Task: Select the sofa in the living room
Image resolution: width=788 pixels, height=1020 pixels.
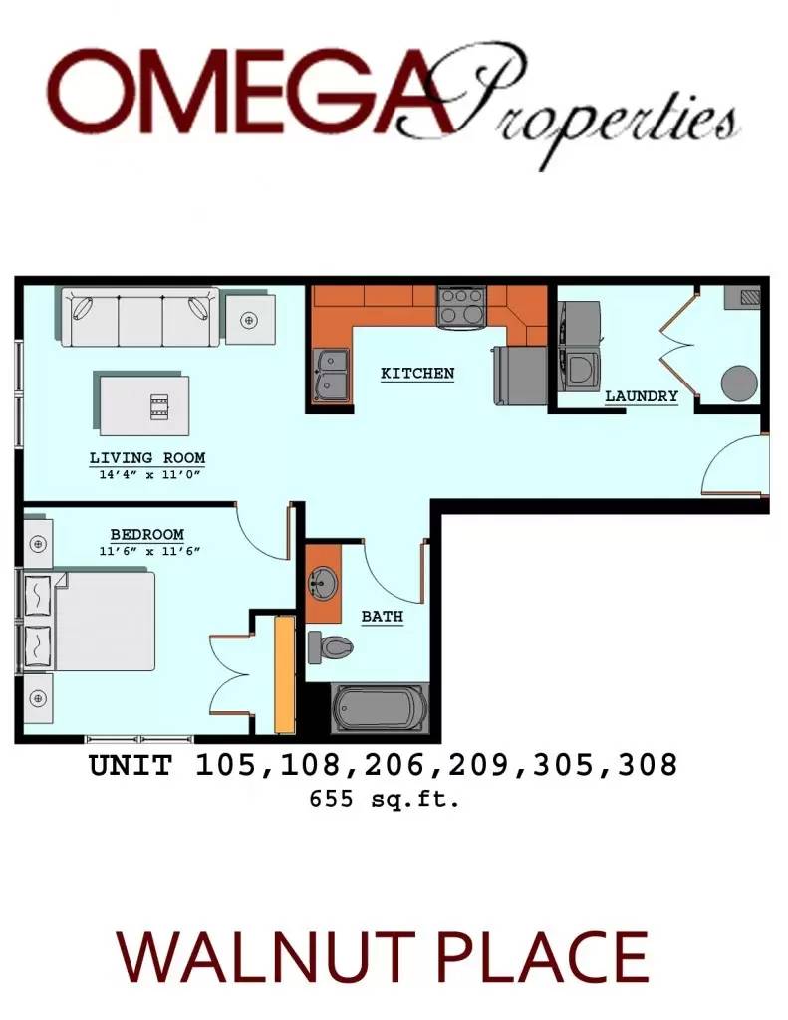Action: (x=139, y=317)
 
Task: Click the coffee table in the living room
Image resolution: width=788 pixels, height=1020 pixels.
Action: (x=144, y=403)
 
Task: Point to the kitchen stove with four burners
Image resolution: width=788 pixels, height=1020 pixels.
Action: (x=461, y=306)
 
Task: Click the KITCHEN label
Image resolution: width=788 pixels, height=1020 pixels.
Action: (x=417, y=374)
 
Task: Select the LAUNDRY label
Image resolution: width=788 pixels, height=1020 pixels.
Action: (x=642, y=396)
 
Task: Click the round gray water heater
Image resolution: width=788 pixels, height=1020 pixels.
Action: (x=740, y=382)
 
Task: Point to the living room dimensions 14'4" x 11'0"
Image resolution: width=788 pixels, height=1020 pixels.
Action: (x=147, y=475)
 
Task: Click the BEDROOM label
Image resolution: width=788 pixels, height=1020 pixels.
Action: (x=146, y=535)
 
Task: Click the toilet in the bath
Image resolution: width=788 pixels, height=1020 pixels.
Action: (x=330, y=646)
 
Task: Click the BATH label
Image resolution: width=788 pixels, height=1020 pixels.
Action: (x=382, y=617)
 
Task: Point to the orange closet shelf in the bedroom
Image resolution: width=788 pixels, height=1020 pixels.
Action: (x=284, y=674)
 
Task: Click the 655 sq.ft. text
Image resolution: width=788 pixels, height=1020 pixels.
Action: (x=384, y=798)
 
